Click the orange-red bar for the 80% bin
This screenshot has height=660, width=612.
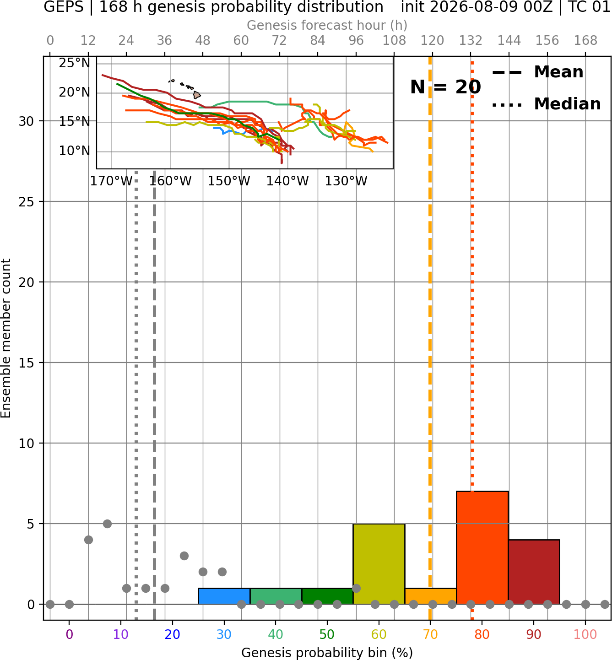coord(482,547)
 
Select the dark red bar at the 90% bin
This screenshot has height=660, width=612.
coord(534,572)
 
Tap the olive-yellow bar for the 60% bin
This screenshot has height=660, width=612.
coord(379,563)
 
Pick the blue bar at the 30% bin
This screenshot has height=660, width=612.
coord(224,596)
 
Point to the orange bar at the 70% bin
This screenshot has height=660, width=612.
coord(430,596)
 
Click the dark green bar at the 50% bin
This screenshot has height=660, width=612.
coord(327,596)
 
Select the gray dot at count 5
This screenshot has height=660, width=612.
coord(107,524)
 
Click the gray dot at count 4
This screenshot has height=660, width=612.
coord(88,540)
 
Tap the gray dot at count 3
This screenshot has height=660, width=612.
coord(184,556)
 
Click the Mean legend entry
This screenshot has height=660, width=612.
coord(537,72)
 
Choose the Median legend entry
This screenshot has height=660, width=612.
coord(546,104)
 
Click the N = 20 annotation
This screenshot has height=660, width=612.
coord(445,87)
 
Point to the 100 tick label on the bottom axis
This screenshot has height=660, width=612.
coord(585,634)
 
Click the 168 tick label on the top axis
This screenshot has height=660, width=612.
coord(585,41)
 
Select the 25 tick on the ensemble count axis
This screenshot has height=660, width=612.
coord(27,202)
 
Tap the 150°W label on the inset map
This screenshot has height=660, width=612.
coord(229,181)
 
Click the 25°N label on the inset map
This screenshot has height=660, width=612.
coord(75,63)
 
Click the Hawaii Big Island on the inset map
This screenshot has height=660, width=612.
coord(197,95)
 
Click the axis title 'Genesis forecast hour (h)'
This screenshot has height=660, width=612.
coord(327,25)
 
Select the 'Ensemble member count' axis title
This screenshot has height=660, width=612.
coord(5,338)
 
